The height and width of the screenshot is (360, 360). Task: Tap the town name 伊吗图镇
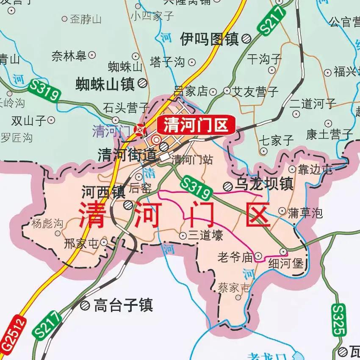(x=209, y=39)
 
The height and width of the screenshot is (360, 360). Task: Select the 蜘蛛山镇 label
(x=105, y=84)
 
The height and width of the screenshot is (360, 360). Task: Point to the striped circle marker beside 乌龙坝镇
(x=228, y=185)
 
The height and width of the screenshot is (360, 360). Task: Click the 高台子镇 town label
(x=123, y=305)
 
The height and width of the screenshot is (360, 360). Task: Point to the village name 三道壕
(x=205, y=235)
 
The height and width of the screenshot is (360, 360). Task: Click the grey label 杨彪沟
(x=47, y=223)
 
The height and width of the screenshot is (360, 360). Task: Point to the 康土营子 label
(x=329, y=135)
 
